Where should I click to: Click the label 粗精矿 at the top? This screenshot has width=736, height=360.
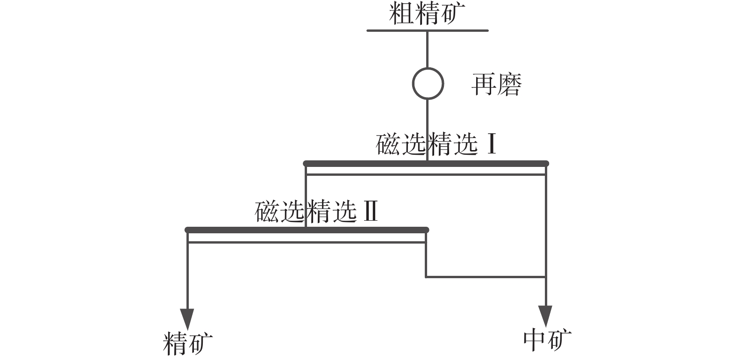(x=427, y=14)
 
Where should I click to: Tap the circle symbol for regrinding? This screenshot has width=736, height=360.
(x=428, y=84)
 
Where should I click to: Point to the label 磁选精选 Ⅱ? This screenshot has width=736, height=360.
(x=316, y=212)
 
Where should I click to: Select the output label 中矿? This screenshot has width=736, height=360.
(x=547, y=340)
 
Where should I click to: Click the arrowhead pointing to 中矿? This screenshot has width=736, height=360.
(x=545, y=317)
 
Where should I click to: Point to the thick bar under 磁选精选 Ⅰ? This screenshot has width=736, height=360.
(x=425, y=164)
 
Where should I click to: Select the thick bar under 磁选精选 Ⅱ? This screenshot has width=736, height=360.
(x=307, y=230)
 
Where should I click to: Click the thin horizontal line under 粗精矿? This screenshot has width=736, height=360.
(x=427, y=31)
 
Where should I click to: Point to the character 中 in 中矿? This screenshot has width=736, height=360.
(x=535, y=340)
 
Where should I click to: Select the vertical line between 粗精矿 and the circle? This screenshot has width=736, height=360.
(x=427, y=49)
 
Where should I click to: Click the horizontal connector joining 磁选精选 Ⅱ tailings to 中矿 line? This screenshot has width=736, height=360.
(x=486, y=277)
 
